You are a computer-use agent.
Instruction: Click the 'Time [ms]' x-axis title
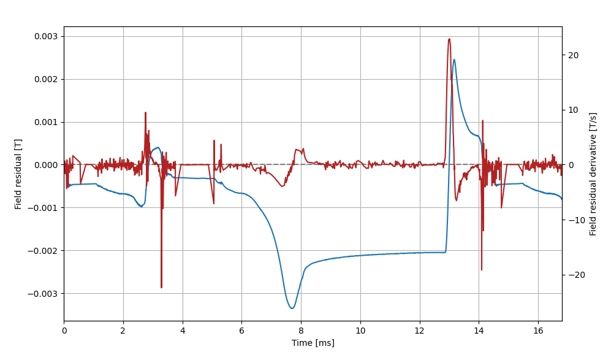tap(313, 343)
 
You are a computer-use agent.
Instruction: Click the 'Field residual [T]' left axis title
tap(18, 173)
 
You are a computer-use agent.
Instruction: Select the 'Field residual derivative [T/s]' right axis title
tap(593, 174)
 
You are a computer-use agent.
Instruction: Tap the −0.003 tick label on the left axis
tap(44, 293)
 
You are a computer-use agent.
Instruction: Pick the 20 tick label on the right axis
tap(573, 55)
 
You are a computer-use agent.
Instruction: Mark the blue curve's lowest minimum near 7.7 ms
tap(292, 308)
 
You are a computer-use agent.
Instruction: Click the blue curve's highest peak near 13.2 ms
tap(454, 59)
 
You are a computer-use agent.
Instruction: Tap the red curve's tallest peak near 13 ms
tap(449, 39)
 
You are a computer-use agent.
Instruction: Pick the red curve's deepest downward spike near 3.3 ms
tap(161, 287)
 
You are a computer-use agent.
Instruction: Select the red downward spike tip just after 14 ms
tap(481, 270)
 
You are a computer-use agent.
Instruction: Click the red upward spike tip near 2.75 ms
tap(145, 113)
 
